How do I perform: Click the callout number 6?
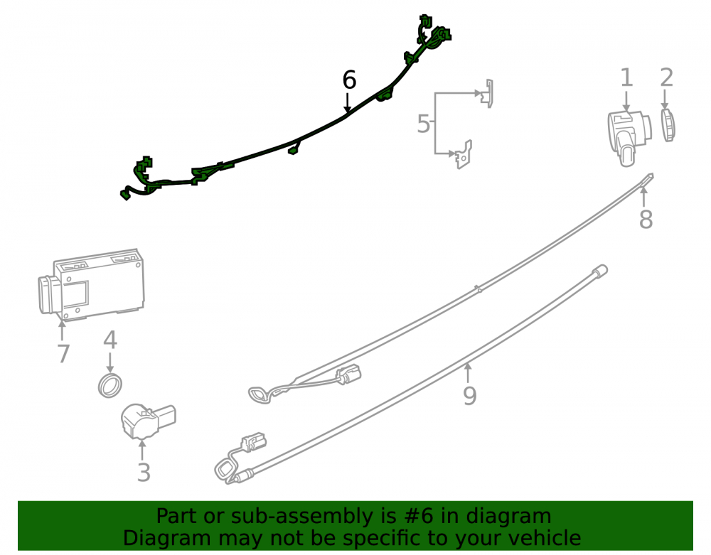pyautogui.click(x=349, y=80)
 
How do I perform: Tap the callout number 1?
pyautogui.click(x=626, y=78)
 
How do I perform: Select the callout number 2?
pyautogui.click(x=666, y=78)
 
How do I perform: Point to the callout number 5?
pyautogui.click(x=423, y=124)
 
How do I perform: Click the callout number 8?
pyautogui.click(x=646, y=219)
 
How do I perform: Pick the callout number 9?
pyautogui.click(x=470, y=396)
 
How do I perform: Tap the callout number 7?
pyautogui.click(x=64, y=354)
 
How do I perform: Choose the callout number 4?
pyautogui.click(x=110, y=340)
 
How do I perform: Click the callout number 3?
pyautogui.click(x=144, y=473)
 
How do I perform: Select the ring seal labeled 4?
pyautogui.click(x=110, y=386)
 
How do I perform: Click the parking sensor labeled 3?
pyautogui.click(x=147, y=421)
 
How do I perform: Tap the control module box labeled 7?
pyautogui.click(x=91, y=284)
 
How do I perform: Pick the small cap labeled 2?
pyautogui.click(x=668, y=125)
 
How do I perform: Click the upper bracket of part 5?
pyautogui.click(x=488, y=94)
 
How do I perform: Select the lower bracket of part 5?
pyautogui.click(x=464, y=154)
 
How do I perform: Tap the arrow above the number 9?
pyautogui.click(x=468, y=373)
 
